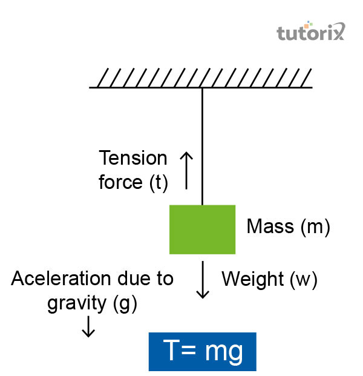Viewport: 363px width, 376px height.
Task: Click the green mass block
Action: (x=202, y=229)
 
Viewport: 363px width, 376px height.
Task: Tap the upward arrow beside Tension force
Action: (x=186, y=170)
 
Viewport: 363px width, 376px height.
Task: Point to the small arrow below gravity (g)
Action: (x=88, y=326)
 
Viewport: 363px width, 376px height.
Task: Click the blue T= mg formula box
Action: (x=203, y=351)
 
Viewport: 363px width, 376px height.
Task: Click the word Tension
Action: (x=133, y=159)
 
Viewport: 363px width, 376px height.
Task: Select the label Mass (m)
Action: (x=288, y=228)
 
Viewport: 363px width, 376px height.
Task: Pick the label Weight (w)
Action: (x=269, y=279)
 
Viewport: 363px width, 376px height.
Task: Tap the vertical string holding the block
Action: (x=202, y=145)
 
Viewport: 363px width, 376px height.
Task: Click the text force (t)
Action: (x=133, y=182)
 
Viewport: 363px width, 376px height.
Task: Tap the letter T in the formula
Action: (x=172, y=351)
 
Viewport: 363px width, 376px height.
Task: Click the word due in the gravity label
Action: (x=129, y=279)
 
